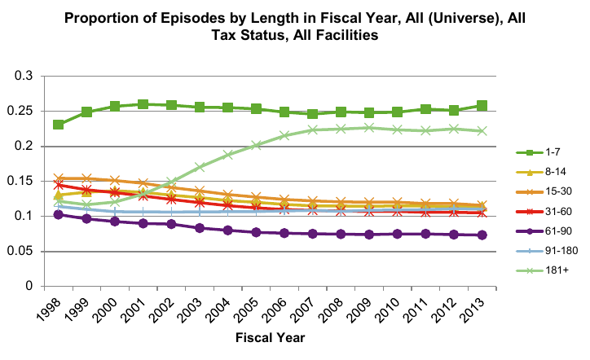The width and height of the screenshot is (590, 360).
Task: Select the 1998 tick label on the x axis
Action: (51, 314)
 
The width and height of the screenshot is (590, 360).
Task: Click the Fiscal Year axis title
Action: (271, 336)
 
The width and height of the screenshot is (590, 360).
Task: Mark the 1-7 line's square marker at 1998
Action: (59, 125)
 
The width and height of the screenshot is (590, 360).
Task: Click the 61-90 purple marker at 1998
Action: (59, 214)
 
